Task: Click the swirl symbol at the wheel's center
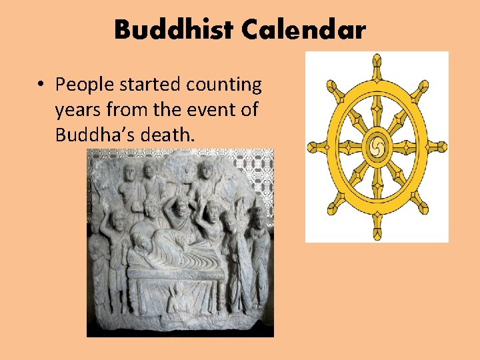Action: tap(377, 145)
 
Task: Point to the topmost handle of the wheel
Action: tap(377, 62)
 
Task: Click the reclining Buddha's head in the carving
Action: tap(141, 241)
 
